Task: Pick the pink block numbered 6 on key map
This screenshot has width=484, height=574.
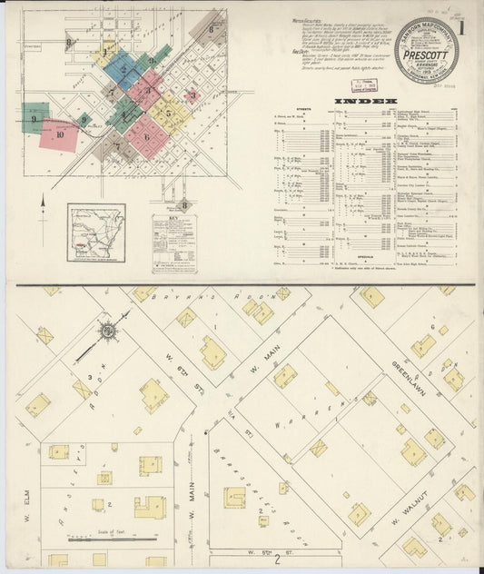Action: (x=146, y=137)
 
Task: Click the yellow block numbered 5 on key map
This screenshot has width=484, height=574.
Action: (x=170, y=114)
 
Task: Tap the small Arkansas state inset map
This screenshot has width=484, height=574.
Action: (x=95, y=233)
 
